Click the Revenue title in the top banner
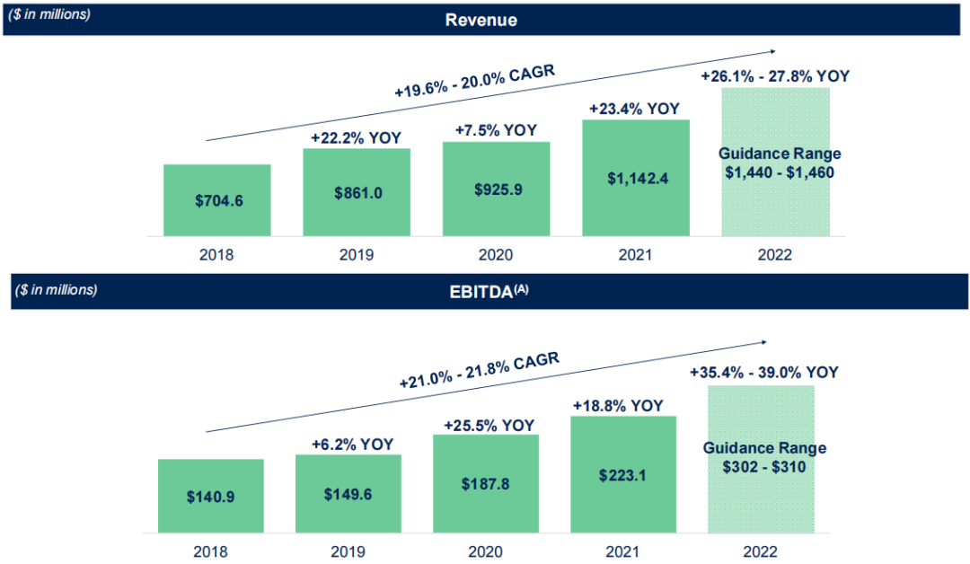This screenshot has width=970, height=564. pyautogui.click(x=481, y=19)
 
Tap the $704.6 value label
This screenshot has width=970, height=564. pyautogui.click(x=218, y=201)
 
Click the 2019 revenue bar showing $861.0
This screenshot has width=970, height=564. pyautogui.click(x=357, y=193)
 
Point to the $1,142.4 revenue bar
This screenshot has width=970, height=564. pyautogui.click(x=636, y=179)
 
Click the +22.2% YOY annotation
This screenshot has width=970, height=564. pyautogui.click(x=356, y=137)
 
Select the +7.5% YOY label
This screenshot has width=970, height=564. pyautogui.click(x=496, y=129)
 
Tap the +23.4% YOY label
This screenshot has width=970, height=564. pyautogui.click(x=634, y=109)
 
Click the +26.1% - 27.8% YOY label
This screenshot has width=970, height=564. pyautogui.click(x=775, y=76)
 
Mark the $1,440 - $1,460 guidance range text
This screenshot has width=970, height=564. pyautogui.click(x=780, y=172)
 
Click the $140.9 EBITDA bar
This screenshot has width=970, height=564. pyautogui.click(x=211, y=497)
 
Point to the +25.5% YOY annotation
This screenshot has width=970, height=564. pyautogui.click(x=489, y=425)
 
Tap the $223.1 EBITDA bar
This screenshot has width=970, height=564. pyautogui.click(x=623, y=474)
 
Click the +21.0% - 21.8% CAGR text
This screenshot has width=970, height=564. pyautogui.click(x=480, y=371)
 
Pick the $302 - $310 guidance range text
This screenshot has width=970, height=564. pyautogui.click(x=764, y=467)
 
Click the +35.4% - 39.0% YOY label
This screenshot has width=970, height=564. pyautogui.click(x=764, y=372)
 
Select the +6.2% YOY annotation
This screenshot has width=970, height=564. pyautogui.click(x=348, y=444)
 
